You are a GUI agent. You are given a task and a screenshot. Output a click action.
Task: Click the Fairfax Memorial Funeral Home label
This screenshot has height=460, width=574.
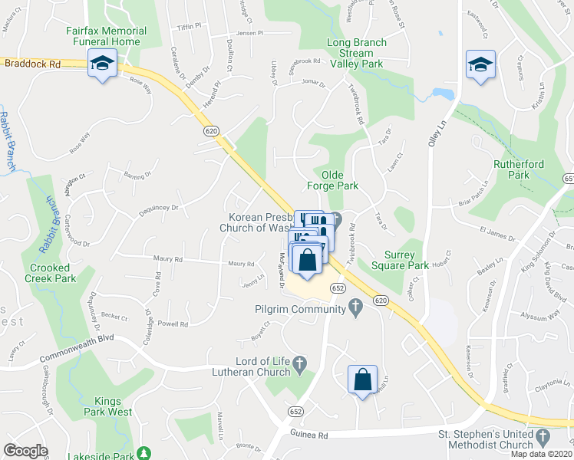(x=106, y=35)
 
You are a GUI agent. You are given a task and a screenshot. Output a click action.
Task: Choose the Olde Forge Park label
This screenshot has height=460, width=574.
(x=333, y=180)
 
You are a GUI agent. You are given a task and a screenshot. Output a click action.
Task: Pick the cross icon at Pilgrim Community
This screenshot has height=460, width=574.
(x=355, y=308)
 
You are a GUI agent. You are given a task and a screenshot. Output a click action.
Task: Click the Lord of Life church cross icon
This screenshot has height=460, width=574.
(x=299, y=362)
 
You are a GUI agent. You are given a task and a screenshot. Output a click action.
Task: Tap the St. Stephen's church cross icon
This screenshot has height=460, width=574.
(x=543, y=437)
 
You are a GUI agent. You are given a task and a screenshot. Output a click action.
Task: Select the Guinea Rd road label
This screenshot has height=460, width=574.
(x=309, y=435)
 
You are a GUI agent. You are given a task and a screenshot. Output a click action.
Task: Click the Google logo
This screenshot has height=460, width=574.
(x=25, y=450)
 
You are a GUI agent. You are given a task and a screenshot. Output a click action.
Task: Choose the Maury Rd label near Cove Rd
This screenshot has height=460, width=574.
(x=167, y=260)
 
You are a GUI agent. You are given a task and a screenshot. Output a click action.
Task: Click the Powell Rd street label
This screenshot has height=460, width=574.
(x=173, y=324)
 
